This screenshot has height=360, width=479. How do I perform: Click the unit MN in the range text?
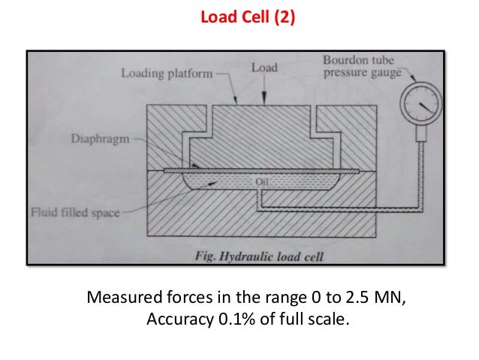click(380, 297)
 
